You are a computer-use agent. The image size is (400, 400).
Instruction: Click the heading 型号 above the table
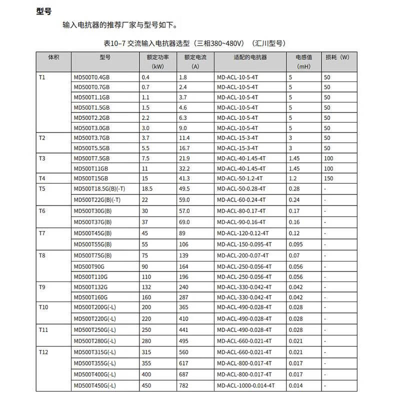44,11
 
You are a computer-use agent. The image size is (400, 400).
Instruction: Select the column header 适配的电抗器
250,57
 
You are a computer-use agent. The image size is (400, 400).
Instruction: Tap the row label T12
43,352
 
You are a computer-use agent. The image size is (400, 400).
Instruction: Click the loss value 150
328,178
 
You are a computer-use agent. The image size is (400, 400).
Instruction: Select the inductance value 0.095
295,244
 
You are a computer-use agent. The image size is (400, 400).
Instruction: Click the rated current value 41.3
184,178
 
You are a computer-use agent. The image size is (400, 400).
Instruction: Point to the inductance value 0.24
294,199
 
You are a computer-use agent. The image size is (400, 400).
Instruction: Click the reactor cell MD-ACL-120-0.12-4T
243,233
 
